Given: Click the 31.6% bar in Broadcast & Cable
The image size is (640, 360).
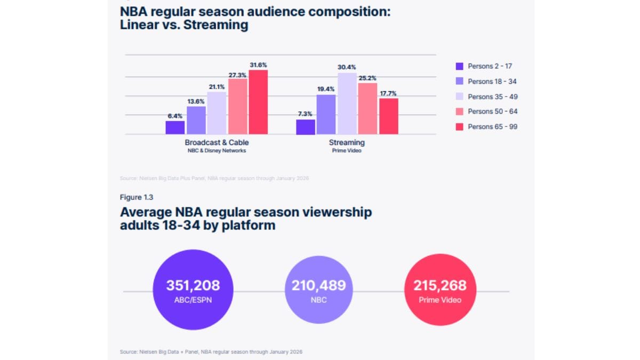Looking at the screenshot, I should pyautogui.click(x=258, y=102).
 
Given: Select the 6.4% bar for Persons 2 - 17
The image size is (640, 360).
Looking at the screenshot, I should pyautogui.click(x=175, y=127).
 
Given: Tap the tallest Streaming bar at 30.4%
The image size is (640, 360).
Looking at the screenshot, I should pyautogui.click(x=347, y=103).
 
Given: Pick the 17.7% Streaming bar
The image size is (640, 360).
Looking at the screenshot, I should pyautogui.click(x=389, y=116).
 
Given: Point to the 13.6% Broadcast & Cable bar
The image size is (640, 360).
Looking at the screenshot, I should pyautogui.click(x=196, y=120).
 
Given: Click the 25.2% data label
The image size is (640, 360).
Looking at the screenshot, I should pyautogui.click(x=367, y=78).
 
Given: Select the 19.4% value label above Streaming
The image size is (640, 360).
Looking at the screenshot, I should pyautogui.click(x=326, y=90).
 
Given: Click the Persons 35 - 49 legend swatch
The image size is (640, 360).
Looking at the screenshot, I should pyautogui.click(x=459, y=97).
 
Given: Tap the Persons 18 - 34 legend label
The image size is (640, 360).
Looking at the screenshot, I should pyautogui.click(x=492, y=82).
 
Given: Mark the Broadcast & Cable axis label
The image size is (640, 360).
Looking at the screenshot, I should pyautogui.click(x=217, y=142).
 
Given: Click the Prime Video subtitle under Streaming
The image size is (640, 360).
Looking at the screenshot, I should pyautogui.click(x=347, y=150).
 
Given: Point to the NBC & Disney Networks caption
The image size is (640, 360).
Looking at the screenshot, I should pyautogui.click(x=217, y=150).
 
